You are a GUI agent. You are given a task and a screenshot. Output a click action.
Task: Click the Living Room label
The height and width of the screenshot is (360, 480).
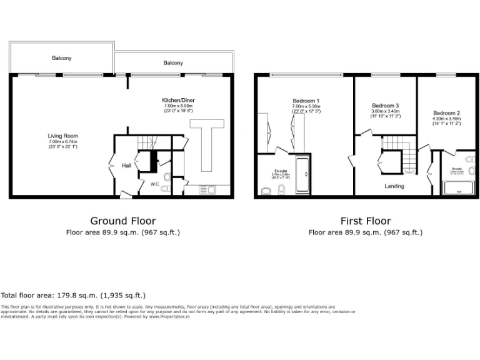pos(62,136)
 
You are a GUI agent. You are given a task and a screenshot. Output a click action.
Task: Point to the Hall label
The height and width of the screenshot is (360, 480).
pos(126,166)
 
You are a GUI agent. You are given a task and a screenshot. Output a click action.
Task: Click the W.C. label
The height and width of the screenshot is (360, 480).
pos(155,184)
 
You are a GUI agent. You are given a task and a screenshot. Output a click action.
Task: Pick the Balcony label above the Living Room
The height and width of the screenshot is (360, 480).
pos(61,58)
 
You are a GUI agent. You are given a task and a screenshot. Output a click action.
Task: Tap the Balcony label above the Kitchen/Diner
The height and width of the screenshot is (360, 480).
pos(173,63)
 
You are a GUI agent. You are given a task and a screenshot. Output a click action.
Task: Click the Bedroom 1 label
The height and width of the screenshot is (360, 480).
pos(306,101)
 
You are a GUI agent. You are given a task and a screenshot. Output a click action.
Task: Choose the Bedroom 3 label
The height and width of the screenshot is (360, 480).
pos(385,106)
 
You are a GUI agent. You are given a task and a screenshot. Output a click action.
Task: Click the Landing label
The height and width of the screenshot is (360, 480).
pos(394,186)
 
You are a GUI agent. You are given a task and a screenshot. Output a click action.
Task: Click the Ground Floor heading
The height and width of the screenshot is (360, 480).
pos(123,221)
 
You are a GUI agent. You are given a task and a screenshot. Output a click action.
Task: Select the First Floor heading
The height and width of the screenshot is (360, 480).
pos(366,221)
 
